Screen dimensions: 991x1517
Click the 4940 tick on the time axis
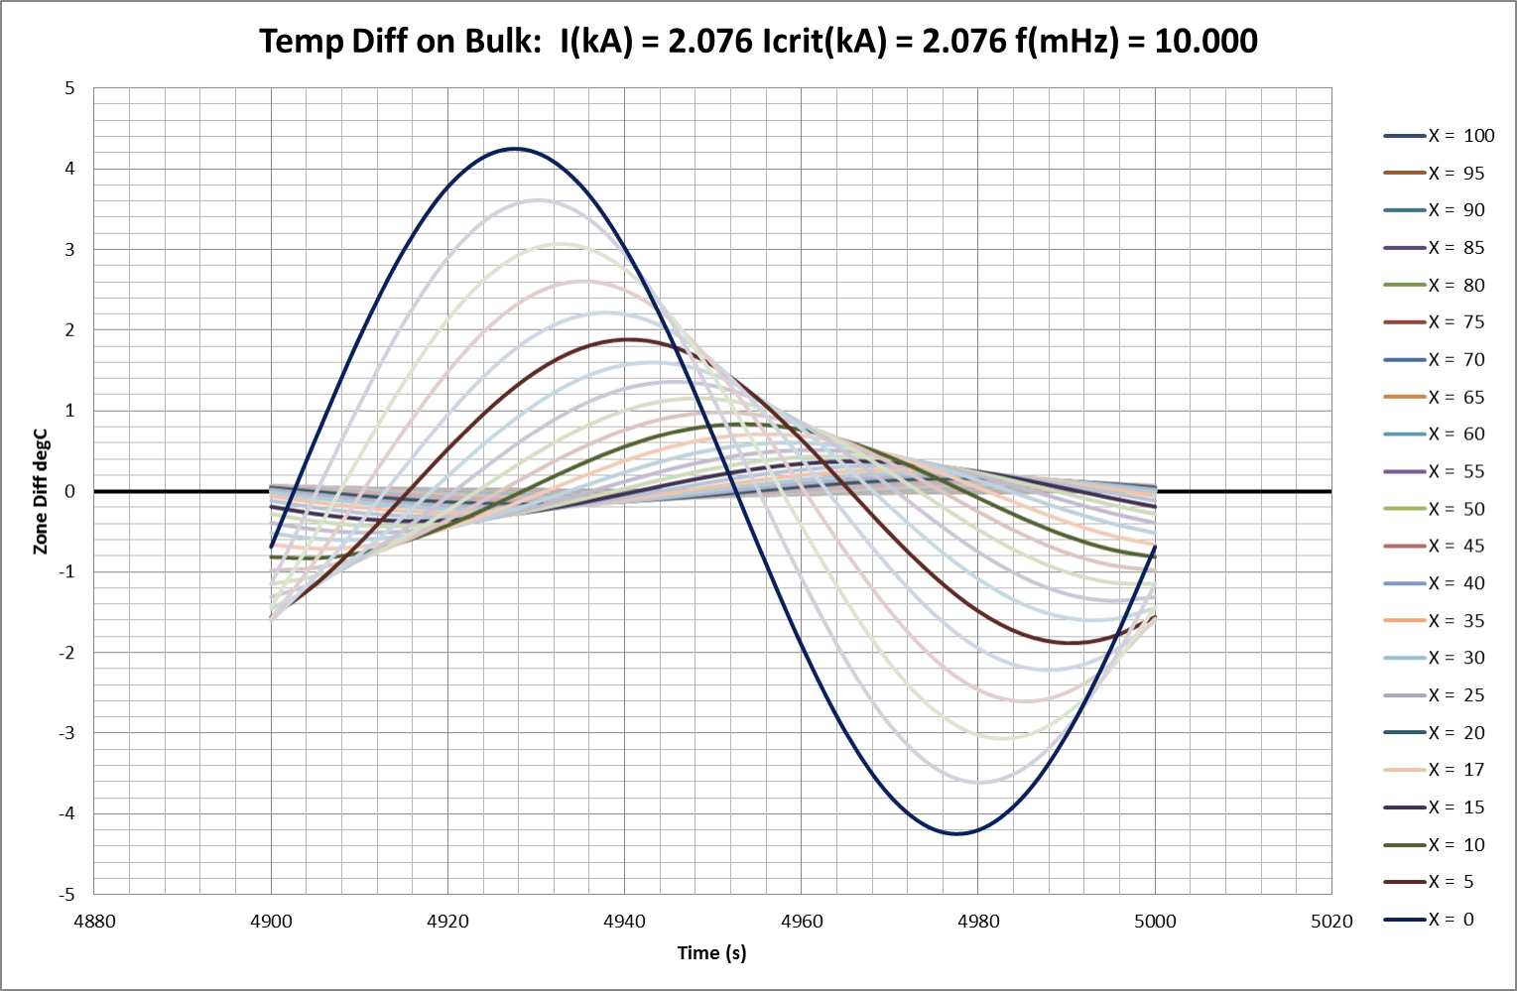click(x=624, y=921)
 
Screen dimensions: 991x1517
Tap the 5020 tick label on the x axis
click(x=1330, y=921)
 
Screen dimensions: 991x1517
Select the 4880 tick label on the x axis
click(x=95, y=921)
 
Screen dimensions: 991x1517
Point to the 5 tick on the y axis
click(x=69, y=88)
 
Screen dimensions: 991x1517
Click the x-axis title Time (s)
click(x=711, y=953)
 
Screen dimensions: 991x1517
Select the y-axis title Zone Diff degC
click(x=41, y=492)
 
